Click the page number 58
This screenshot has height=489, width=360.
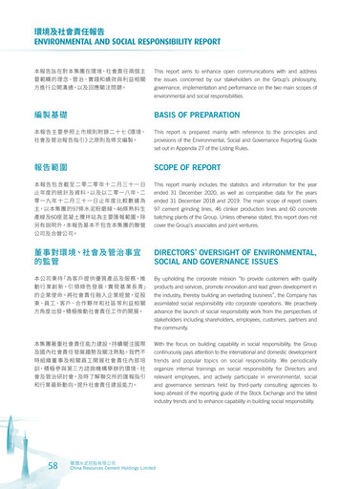[54, 464]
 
